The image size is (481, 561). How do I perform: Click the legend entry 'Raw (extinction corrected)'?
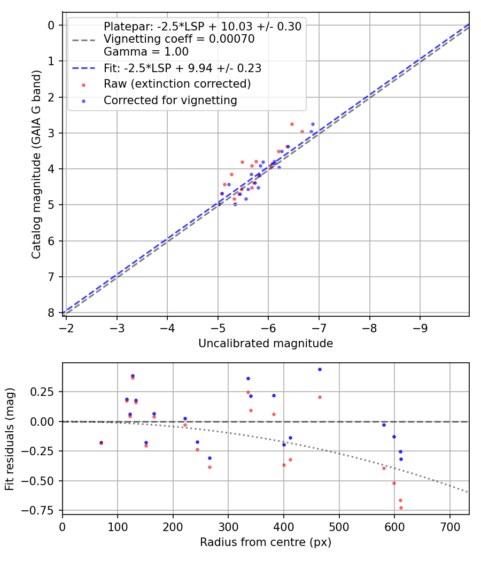177,84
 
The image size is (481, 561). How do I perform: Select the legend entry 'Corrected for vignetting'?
170,100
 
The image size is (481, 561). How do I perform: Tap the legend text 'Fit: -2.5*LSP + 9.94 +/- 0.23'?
182,68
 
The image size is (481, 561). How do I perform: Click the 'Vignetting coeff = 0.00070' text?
179,39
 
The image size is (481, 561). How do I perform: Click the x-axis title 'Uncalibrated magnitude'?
266,344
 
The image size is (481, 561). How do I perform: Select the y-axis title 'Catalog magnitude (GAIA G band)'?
36,170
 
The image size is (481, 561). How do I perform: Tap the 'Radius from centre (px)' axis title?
266,542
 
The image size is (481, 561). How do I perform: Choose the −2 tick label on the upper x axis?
66,327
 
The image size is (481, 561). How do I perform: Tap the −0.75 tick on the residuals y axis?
43,510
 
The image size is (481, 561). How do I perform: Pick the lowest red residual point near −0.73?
401,508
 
